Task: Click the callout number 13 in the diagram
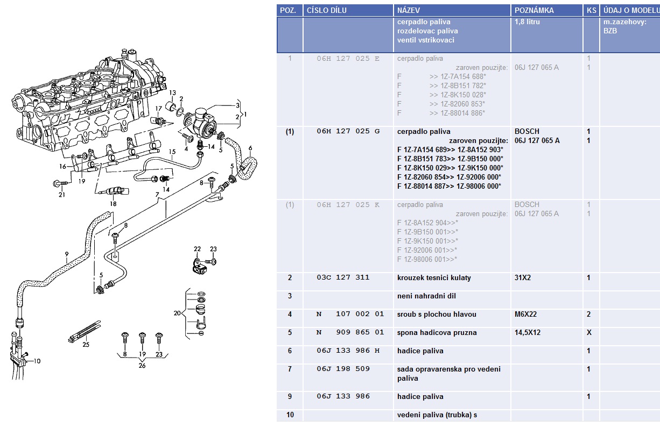[x=172, y=93]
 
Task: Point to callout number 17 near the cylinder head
[x=159, y=109]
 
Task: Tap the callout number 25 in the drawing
[x=86, y=345]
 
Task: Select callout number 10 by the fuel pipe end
[x=37, y=361]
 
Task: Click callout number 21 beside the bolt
[x=62, y=195]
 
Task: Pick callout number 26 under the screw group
[x=142, y=366]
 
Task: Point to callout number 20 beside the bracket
[x=177, y=313]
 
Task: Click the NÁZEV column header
[x=409, y=10]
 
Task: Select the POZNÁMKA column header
[x=534, y=10]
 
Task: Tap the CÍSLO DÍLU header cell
[x=326, y=10]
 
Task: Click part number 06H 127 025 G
[x=348, y=132]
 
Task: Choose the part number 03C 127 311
[x=343, y=278]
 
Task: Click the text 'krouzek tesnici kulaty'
[x=434, y=278]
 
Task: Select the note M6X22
[x=526, y=315]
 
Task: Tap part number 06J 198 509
[x=343, y=369]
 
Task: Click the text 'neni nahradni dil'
[x=426, y=296]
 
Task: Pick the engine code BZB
[x=610, y=31]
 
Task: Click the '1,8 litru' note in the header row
[x=527, y=22]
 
